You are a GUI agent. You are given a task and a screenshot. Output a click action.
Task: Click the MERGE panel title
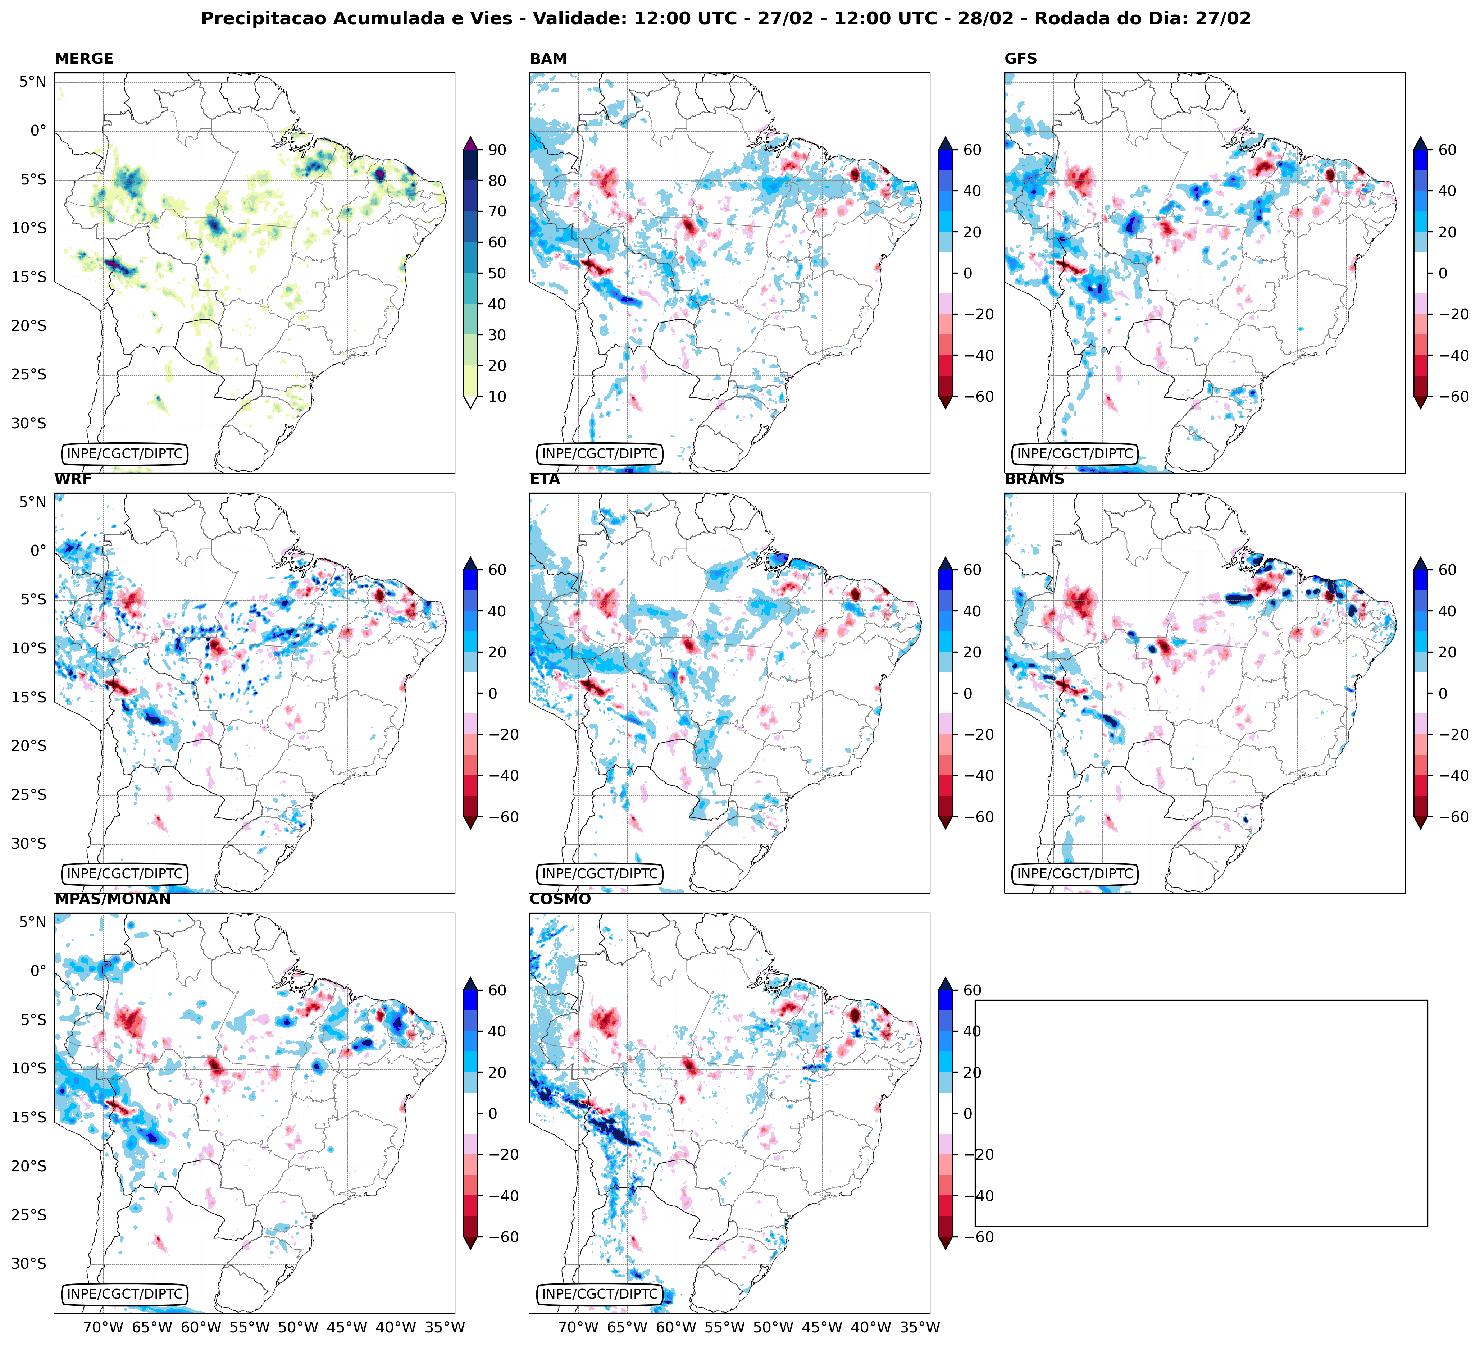pyautogui.click(x=84, y=59)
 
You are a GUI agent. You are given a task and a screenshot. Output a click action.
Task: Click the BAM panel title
pyautogui.click(x=548, y=59)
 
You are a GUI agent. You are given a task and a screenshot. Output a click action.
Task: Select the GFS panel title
pyautogui.click(x=1020, y=59)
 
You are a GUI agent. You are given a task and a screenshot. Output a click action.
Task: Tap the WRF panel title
pyautogui.click(x=73, y=479)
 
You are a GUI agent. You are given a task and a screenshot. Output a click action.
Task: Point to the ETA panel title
pyautogui.click(x=545, y=479)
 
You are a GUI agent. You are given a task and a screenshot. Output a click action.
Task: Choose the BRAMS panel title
pyautogui.click(x=1034, y=479)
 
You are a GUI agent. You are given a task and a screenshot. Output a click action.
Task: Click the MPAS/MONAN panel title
pyautogui.click(x=112, y=899)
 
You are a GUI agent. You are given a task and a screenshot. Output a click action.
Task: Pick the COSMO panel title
pyautogui.click(x=560, y=899)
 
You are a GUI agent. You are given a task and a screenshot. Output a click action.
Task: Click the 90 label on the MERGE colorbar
pyautogui.click(x=497, y=150)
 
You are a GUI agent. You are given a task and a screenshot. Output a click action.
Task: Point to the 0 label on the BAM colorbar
pyautogui.click(x=967, y=273)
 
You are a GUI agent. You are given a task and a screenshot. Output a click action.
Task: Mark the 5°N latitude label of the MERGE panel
pyautogui.click(x=32, y=82)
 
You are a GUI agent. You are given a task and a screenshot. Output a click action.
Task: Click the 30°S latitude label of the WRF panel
pyautogui.click(x=29, y=843)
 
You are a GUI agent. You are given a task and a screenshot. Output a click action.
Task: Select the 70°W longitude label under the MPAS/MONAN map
pyautogui.click(x=103, y=1327)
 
